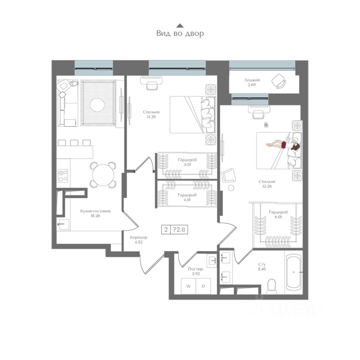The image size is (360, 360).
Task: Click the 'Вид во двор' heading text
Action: tap(180, 33)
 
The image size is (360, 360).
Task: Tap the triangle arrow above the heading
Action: tap(180, 25)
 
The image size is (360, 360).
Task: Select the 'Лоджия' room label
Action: tap(252, 80)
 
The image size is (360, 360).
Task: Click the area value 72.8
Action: tap(179, 229)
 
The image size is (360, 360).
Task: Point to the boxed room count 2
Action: tap(166, 229)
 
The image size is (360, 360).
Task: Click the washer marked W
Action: tap(189, 286)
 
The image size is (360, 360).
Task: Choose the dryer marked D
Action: tap(203, 286)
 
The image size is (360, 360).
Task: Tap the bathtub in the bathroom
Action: tap(294, 272)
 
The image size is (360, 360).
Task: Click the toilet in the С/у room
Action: tap(272, 286)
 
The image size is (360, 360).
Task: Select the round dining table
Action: tap(103, 175)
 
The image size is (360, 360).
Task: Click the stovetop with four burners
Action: tap(63, 175)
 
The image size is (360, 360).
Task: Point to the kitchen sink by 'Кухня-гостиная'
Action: tap(63, 224)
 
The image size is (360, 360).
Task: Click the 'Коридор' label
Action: tap(138, 237)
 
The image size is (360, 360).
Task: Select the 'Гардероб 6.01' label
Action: tap(278, 214)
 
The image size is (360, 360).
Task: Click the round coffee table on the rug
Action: tap(97, 105)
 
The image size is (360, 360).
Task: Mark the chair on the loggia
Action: tap(279, 81)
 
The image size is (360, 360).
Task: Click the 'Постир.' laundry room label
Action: tap(196, 269)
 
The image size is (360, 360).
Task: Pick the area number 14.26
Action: tap(151, 117)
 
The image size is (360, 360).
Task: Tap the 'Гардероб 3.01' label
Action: tap(187, 162)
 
